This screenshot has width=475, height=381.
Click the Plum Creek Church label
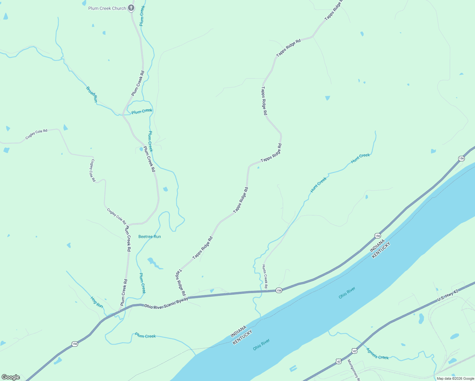(107, 8)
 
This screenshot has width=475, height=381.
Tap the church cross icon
(131, 8)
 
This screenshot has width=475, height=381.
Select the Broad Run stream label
(92, 94)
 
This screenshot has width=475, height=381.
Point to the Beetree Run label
(150, 237)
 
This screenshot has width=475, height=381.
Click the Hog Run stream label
(97, 302)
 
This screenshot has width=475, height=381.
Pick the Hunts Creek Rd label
(265, 277)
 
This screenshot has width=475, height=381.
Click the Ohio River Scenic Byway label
(166, 303)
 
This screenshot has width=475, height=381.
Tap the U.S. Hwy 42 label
(448, 296)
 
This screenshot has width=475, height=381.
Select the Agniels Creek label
(377, 353)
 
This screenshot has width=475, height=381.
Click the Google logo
(11, 377)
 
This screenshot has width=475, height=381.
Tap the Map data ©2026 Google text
(455, 378)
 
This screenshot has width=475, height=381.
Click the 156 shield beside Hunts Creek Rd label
(279, 291)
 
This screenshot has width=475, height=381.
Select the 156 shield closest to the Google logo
(75, 344)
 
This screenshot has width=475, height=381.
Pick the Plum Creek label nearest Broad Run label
(142, 111)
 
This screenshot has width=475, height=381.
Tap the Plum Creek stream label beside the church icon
(142, 16)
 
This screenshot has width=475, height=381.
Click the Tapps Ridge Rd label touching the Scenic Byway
(181, 283)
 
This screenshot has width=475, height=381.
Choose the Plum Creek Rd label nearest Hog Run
(124, 292)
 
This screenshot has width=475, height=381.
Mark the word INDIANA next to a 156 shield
(377, 246)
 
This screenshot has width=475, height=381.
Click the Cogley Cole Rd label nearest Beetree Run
(117, 216)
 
